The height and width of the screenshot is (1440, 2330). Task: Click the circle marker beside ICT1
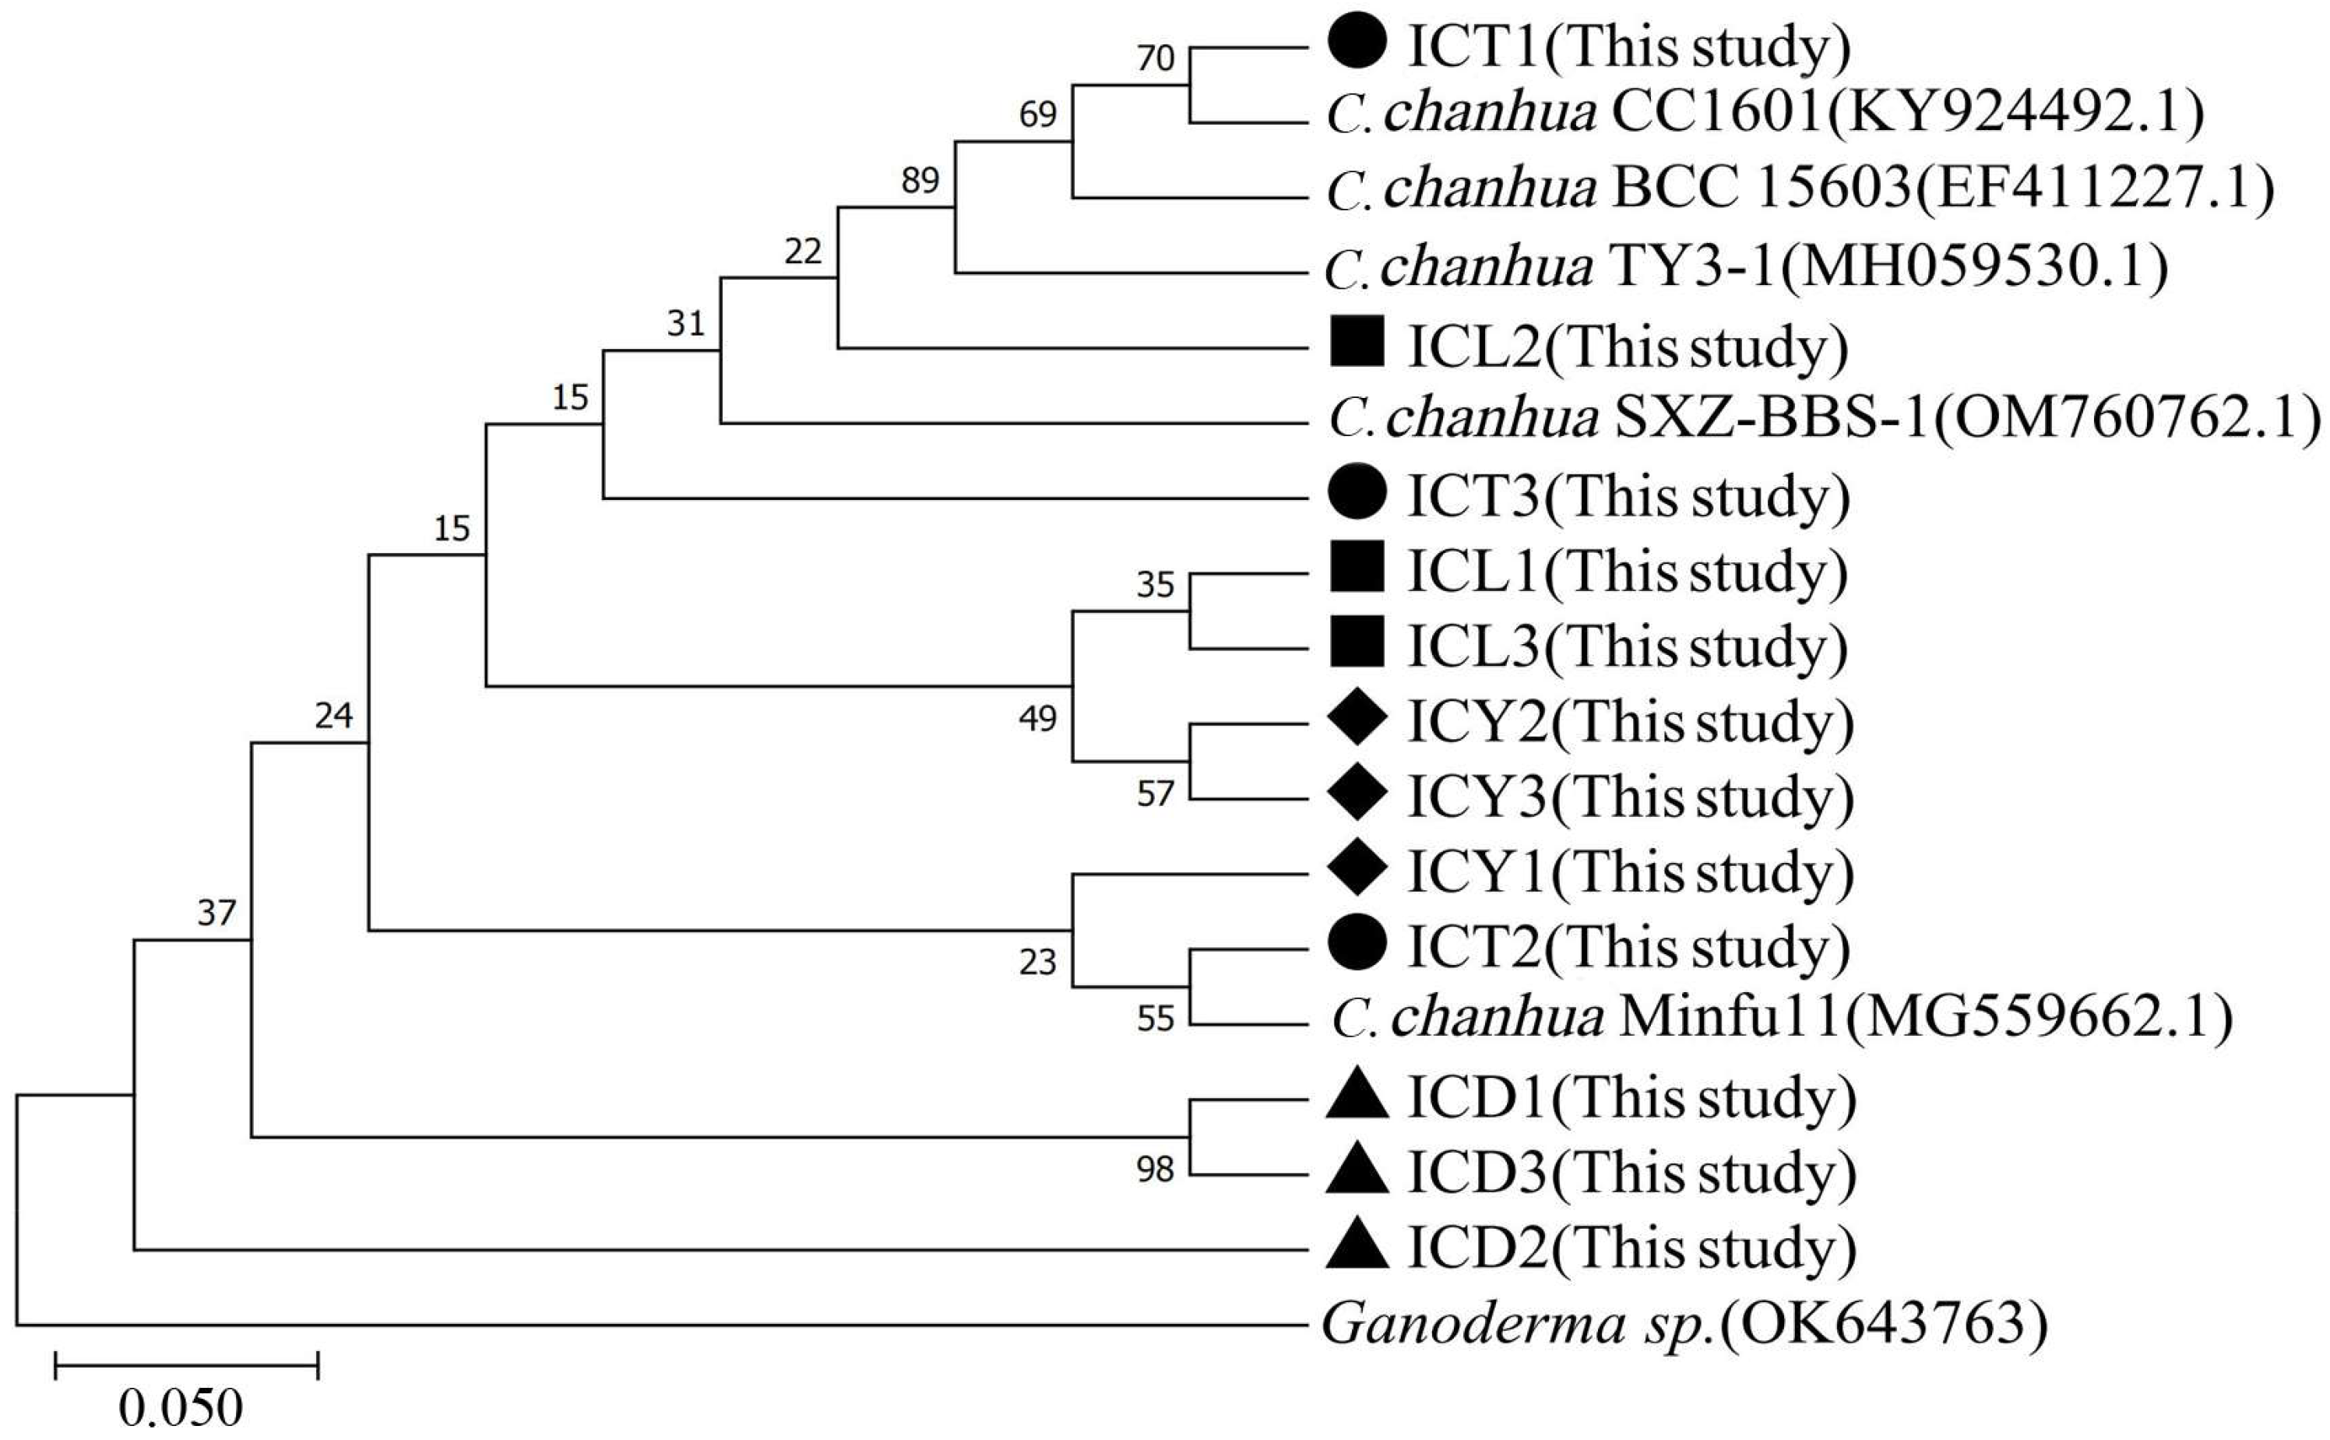coord(1357,43)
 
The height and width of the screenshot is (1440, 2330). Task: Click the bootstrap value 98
coord(1154,1168)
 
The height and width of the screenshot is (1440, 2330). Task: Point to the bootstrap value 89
coord(920,179)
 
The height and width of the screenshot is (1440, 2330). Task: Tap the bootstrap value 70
coord(1155,58)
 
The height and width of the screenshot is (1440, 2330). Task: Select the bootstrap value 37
coord(216,913)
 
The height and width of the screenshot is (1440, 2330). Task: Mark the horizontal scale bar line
coord(187,1364)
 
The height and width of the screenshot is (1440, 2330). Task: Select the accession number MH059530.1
coord(1972,268)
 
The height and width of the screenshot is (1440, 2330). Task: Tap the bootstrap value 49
coord(1037,717)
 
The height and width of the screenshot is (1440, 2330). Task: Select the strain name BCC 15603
coord(1760,189)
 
